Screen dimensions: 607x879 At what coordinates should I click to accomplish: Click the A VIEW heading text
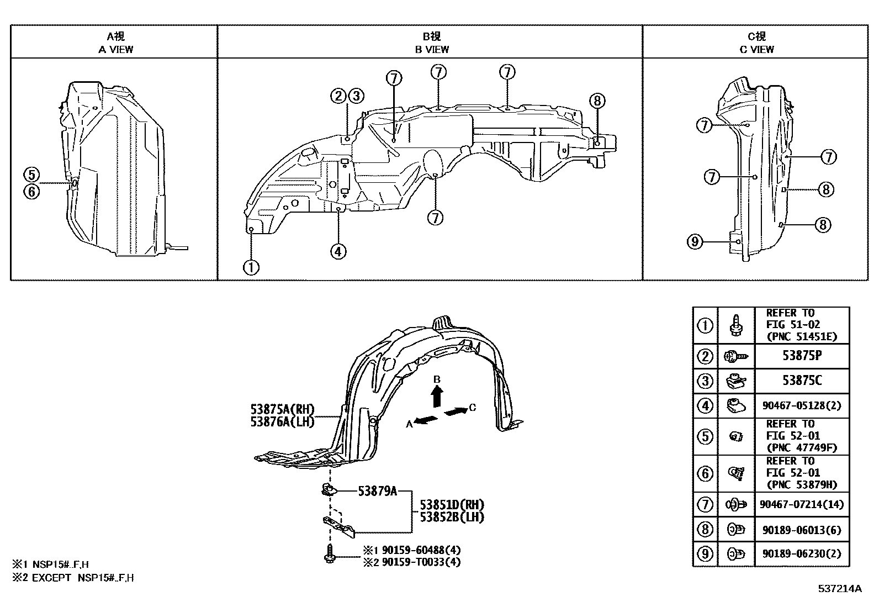point(115,49)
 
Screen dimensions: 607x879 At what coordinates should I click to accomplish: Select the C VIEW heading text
point(756,49)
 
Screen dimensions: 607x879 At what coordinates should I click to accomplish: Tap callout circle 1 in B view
point(251,268)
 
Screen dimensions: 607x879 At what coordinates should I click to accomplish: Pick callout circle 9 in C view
point(695,241)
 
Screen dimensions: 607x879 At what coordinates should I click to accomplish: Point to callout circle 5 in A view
point(31,175)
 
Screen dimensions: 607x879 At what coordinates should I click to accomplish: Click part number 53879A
point(378,490)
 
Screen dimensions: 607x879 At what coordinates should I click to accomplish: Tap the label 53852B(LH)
point(452,517)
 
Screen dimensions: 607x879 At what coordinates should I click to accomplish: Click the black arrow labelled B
point(437,395)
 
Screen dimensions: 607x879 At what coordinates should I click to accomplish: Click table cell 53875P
point(802,356)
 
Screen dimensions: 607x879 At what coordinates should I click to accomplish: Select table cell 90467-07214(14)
point(802,504)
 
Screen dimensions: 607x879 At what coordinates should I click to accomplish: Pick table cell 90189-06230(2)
point(802,553)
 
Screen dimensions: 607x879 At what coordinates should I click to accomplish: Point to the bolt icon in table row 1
point(735,325)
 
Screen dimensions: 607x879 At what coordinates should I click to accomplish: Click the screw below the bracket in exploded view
point(330,553)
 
